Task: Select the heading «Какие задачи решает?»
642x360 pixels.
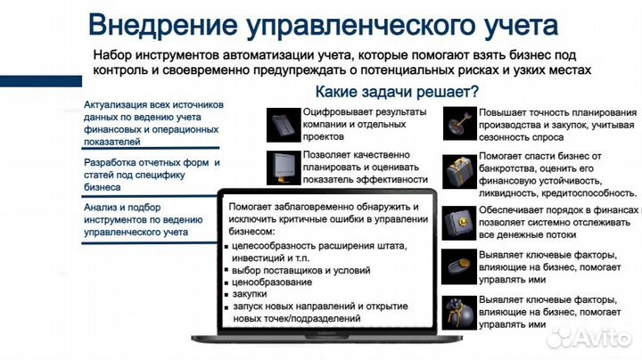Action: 397,92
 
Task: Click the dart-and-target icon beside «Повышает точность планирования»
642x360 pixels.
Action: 460,123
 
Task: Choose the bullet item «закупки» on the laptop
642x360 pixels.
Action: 251,292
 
